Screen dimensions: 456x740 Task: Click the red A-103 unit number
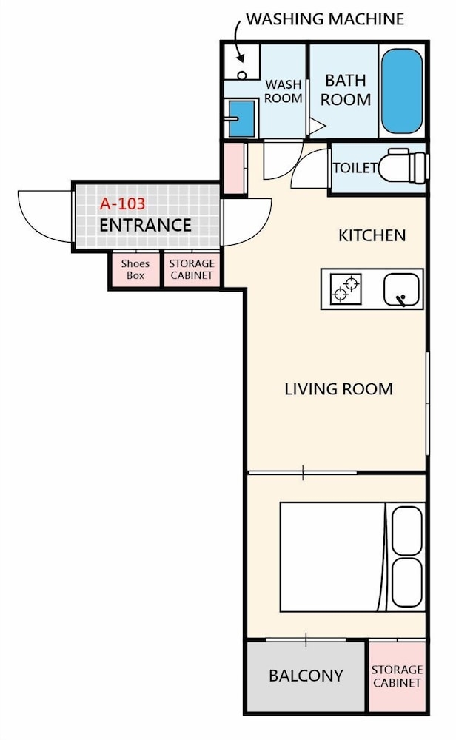[122, 204]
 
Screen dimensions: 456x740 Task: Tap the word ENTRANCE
[145, 225]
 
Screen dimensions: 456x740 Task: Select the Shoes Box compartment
[135, 269]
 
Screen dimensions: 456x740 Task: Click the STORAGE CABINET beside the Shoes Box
[192, 269]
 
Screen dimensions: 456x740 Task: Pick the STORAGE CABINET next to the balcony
[397, 676]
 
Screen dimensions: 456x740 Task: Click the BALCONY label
[306, 676]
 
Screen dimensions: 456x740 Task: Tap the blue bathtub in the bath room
[402, 90]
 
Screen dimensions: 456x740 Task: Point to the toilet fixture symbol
[403, 166]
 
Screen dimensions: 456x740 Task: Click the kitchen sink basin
[401, 290]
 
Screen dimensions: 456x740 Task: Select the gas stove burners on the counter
[346, 289]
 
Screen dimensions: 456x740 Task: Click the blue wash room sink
[241, 118]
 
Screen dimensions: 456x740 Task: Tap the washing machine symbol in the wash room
[241, 62]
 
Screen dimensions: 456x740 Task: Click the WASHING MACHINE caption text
[325, 19]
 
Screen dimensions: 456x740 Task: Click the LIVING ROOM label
[339, 389]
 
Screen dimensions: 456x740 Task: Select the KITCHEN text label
[372, 235]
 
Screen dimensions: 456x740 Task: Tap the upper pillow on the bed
[407, 531]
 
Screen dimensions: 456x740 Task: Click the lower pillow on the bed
[407, 582]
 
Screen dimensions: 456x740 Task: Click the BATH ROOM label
[346, 90]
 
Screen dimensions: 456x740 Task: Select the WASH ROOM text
[284, 92]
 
